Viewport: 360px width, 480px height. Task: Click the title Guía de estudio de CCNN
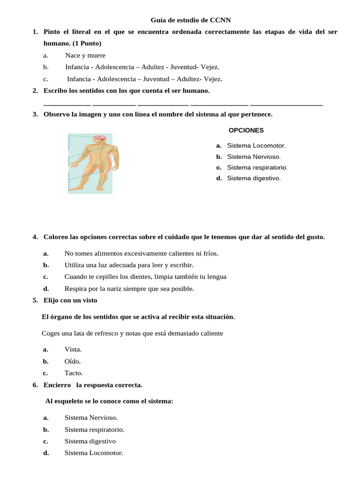pyautogui.click(x=190, y=20)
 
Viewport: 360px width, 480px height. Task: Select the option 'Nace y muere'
pyautogui.click(x=85, y=55)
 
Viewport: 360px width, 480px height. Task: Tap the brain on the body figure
pyautogui.click(x=99, y=137)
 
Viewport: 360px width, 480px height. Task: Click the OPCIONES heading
pyautogui.click(x=246, y=130)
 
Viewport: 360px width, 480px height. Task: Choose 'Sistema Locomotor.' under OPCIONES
pyautogui.click(x=256, y=146)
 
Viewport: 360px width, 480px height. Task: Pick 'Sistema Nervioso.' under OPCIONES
pyautogui.click(x=254, y=157)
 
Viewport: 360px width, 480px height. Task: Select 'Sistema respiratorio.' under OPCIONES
pyautogui.click(x=257, y=167)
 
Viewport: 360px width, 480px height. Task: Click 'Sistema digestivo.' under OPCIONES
pyautogui.click(x=254, y=178)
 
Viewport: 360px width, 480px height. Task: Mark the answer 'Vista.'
pyautogui.click(x=73, y=350)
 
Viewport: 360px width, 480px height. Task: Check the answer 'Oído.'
pyautogui.click(x=73, y=361)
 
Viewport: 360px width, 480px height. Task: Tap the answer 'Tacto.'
pyautogui.click(x=74, y=373)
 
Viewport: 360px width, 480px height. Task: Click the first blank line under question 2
pyautogui.click(x=67, y=105)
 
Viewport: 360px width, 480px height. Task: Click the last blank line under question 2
pyautogui.click(x=286, y=105)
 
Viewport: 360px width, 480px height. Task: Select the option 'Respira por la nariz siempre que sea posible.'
pyautogui.click(x=129, y=288)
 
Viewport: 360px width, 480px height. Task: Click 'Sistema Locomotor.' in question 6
pyautogui.click(x=94, y=453)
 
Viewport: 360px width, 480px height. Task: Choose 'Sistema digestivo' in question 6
pyautogui.click(x=90, y=441)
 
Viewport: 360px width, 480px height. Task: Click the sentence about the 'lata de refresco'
pyautogui.click(x=133, y=333)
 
